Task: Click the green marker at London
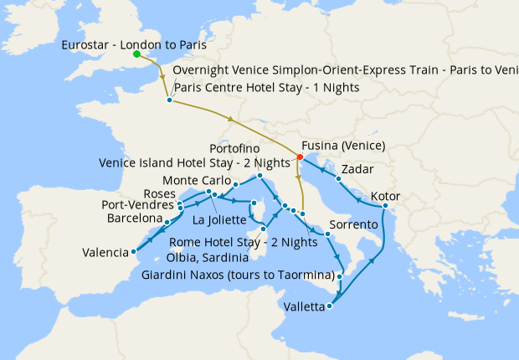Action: tap(137, 54)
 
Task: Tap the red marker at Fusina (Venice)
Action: tap(300, 156)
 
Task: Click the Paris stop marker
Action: tap(170, 100)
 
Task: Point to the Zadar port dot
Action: tap(338, 178)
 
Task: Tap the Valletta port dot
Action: tap(329, 306)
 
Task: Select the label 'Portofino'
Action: tap(248, 148)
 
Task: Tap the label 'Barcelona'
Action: tap(134, 219)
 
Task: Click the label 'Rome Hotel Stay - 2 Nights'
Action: tap(243, 243)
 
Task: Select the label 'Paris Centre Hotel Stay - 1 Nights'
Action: tap(266, 87)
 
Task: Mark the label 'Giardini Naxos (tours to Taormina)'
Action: tap(238, 275)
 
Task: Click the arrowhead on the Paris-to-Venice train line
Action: tap(230, 119)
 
